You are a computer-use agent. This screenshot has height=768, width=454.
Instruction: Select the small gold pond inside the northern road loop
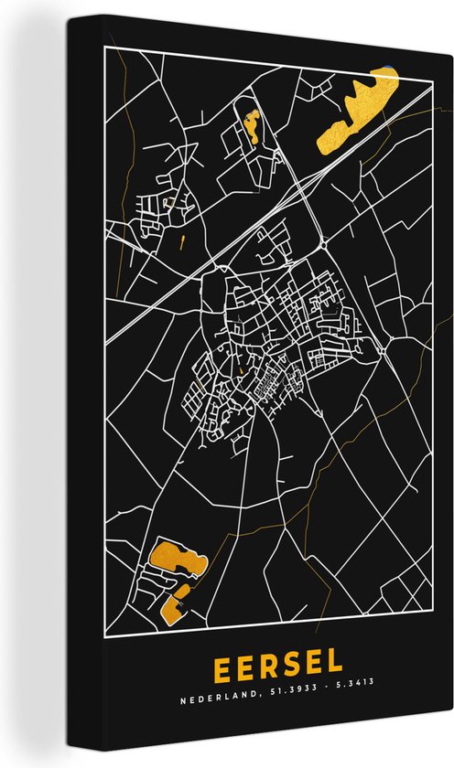251,127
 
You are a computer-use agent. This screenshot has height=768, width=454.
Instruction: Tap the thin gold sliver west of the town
184,242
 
